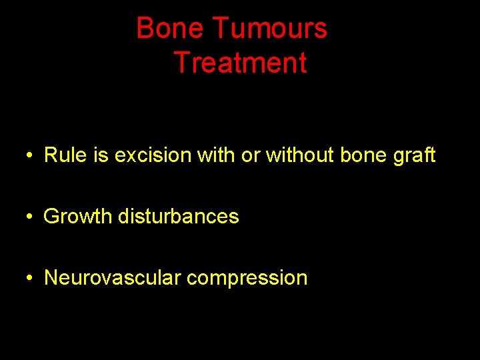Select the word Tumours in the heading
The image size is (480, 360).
(270, 29)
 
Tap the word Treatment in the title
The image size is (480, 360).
(240, 63)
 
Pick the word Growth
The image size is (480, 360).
(78, 217)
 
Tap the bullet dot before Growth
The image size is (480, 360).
(31, 217)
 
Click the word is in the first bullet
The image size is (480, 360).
(101, 155)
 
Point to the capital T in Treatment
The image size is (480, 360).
(181, 63)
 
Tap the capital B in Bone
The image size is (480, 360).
(145, 29)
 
